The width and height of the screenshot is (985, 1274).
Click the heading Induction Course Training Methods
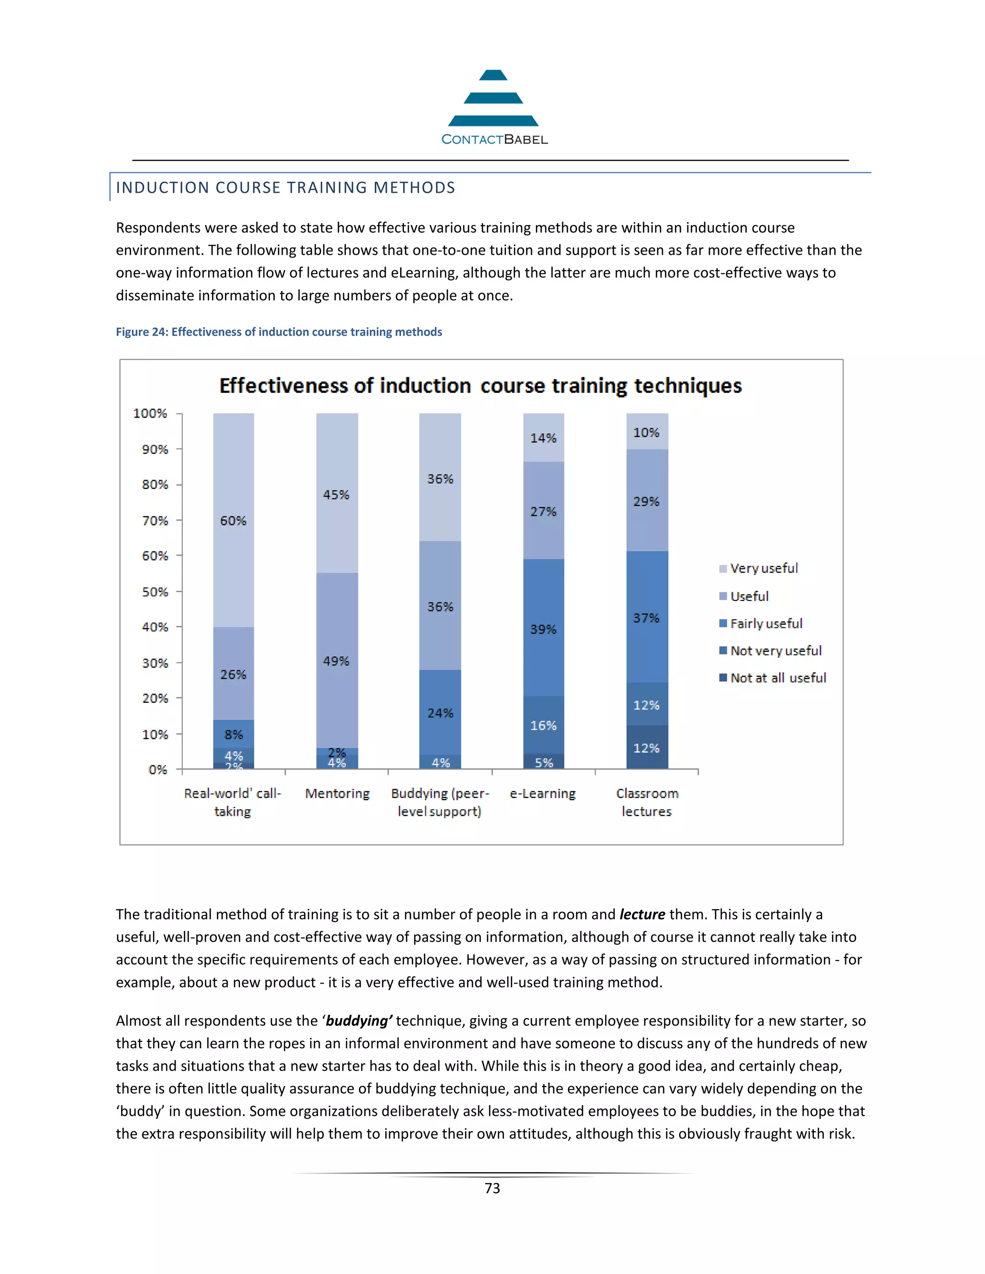click(285, 188)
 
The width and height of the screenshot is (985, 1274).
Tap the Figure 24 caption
click(279, 332)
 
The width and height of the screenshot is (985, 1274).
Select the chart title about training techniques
click(480, 386)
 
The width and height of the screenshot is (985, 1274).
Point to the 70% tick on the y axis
click(155, 520)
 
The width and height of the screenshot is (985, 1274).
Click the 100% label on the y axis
click(150, 413)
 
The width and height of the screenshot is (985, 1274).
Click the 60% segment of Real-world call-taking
click(233, 520)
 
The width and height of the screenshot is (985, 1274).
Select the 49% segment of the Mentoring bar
click(337, 661)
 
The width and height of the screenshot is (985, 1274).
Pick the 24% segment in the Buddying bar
click(440, 713)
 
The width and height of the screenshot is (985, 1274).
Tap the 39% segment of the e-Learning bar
click(543, 629)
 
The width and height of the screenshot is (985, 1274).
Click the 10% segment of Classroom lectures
click(646, 432)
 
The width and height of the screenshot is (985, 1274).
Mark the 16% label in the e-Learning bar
click(543, 725)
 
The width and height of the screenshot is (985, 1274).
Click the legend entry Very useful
click(763, 569)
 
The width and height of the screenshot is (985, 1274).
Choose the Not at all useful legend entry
click(778, 678)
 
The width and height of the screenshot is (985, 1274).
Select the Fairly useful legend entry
click(766, 624)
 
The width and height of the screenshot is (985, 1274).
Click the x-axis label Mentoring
click(337, 793)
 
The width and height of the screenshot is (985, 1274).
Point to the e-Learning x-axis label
click(543, 793)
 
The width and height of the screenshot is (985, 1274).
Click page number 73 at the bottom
click(492, 1188)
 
